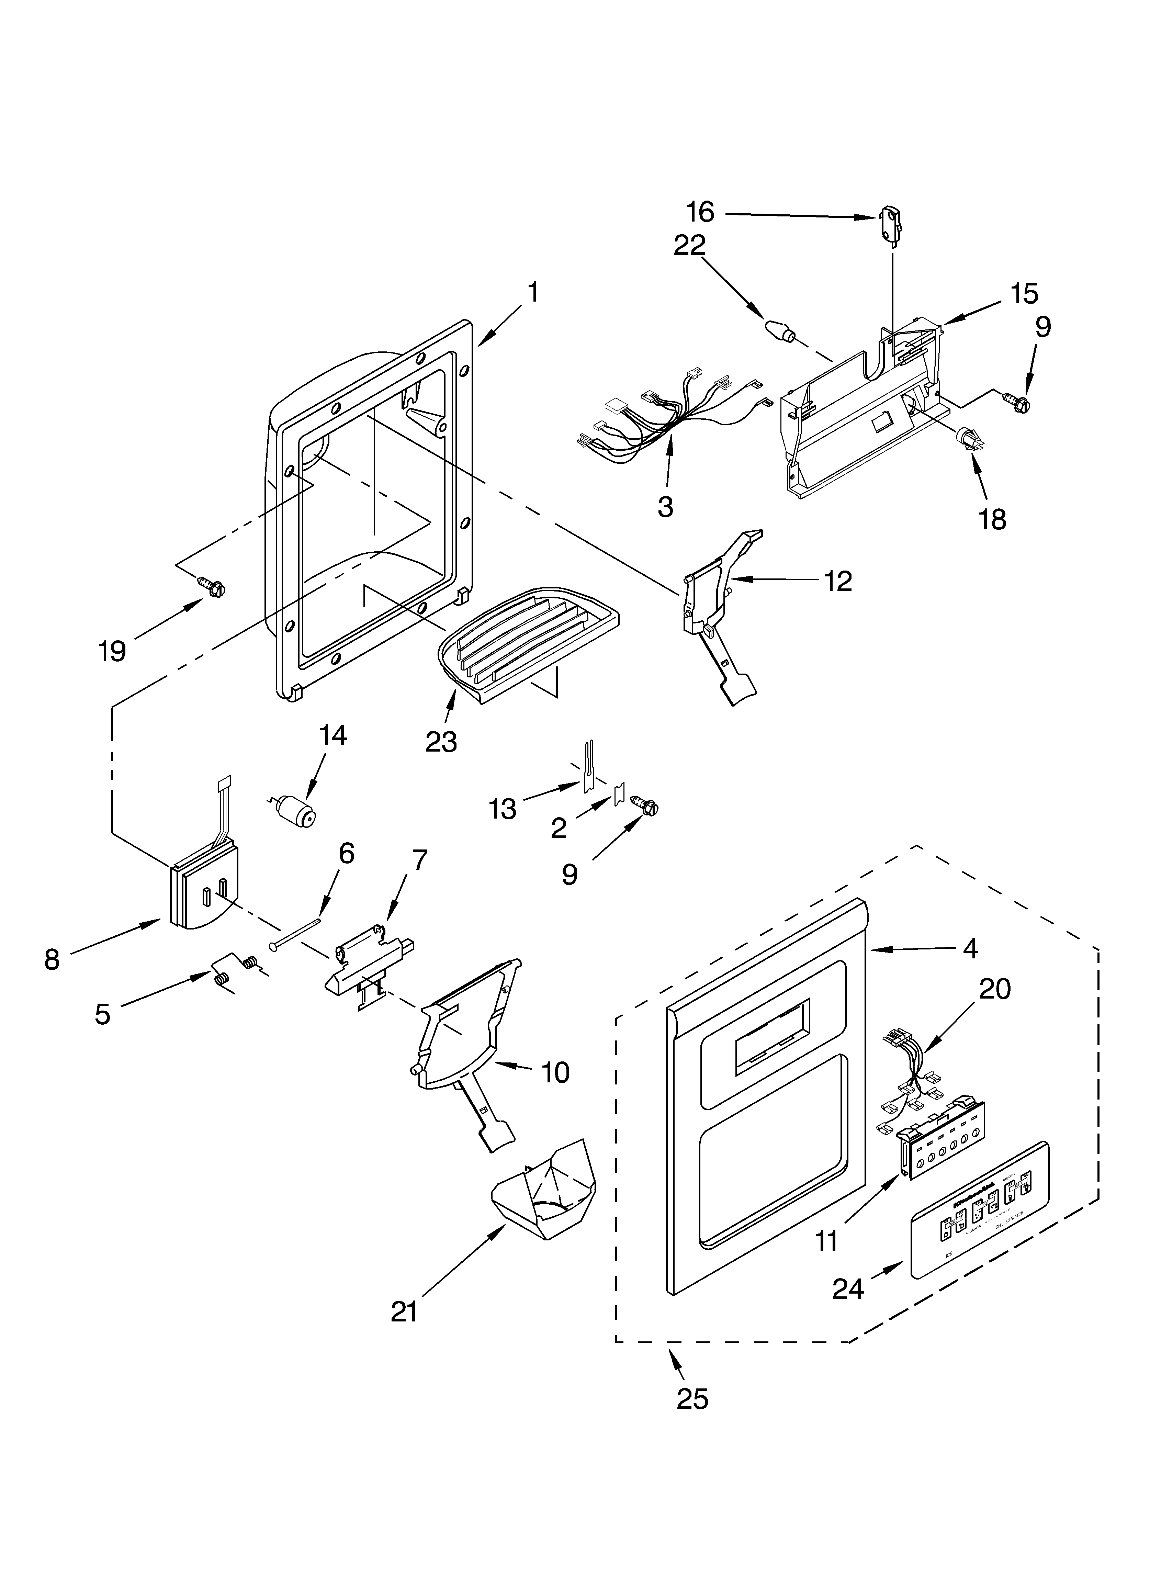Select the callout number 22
[690, 246]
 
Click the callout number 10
[555, 1072]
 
